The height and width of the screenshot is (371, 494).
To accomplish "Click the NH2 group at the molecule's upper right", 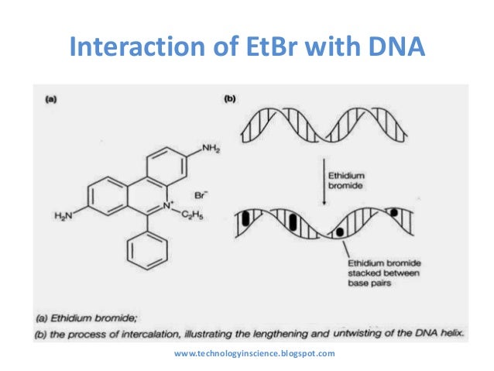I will click(211, 148).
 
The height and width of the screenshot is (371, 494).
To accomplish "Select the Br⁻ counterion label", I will click(201, 187).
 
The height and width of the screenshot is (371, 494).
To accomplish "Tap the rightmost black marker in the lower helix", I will click(395, 211).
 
